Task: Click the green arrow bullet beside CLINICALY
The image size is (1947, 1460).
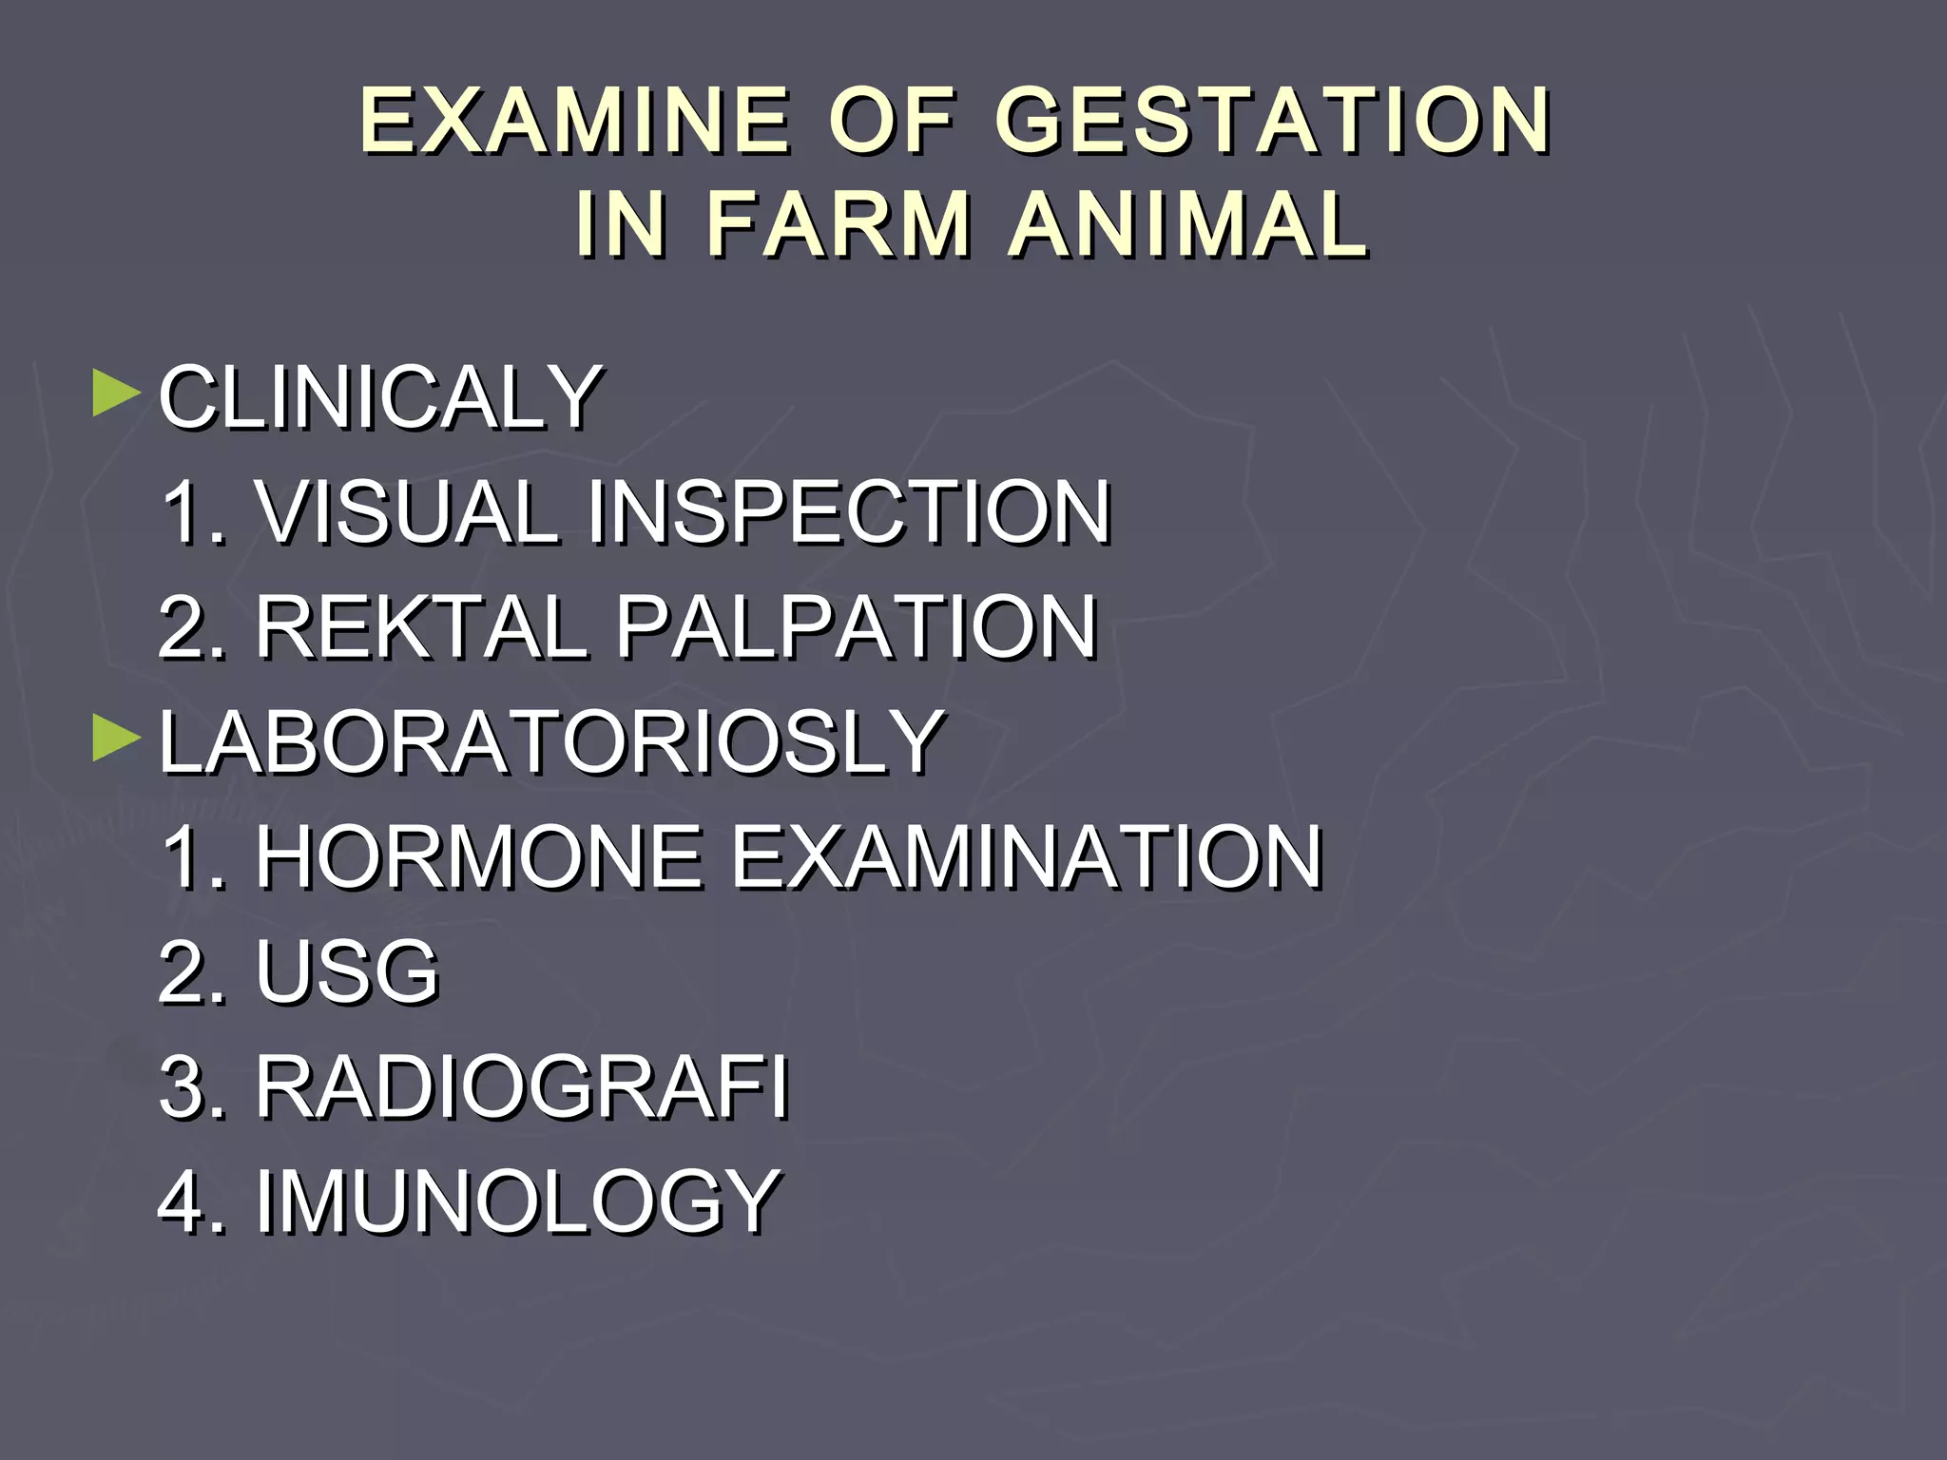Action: [x=116, y=394]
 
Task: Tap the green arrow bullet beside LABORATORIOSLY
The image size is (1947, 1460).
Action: [x=116, y=739]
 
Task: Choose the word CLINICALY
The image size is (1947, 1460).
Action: [x=380, y=397]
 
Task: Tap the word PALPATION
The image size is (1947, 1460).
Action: [x=857, y=627]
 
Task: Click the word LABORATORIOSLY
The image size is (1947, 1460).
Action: [x=551, y=742]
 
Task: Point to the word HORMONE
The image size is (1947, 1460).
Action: [x=479, y=857]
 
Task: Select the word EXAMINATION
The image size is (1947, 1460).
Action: [x=1027, y=857]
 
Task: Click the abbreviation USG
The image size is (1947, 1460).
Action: [x=347, y=972]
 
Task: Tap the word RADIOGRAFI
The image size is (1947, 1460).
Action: [x=522, y=1087]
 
